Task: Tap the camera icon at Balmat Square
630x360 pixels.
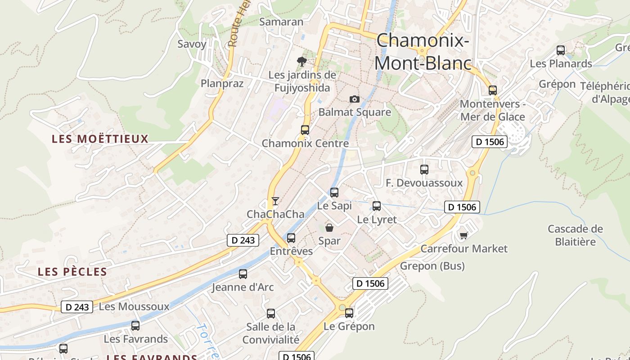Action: coord(355,99)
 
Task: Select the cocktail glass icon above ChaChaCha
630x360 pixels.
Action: coord(275,201)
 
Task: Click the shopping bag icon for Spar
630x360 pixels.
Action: coord(329,227)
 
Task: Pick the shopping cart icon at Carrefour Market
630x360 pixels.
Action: coord(464,235)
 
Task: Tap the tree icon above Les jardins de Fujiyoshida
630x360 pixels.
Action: coord(302,61)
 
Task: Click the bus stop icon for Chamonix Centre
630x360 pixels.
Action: coord(305,130)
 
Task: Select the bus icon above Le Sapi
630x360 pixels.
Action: coord(334,192)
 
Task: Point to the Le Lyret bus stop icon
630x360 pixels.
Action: coord(377,206)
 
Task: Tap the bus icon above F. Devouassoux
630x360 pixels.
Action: coord(424,170)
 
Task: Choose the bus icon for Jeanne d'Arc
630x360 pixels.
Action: coord(243,274)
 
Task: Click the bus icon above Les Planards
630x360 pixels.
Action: coord(561,50)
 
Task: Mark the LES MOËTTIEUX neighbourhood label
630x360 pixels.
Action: coord(100,139)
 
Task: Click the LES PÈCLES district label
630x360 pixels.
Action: coord(72,272)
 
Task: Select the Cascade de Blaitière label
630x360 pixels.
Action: coord(575,235)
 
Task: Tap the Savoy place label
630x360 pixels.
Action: coord(192,44)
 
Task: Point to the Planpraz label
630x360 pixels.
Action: coord(222,83)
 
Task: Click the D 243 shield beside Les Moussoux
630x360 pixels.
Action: coord(77,307)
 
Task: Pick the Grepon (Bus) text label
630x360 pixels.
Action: coord(432,266)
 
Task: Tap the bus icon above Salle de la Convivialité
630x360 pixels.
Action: coord(271,314)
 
